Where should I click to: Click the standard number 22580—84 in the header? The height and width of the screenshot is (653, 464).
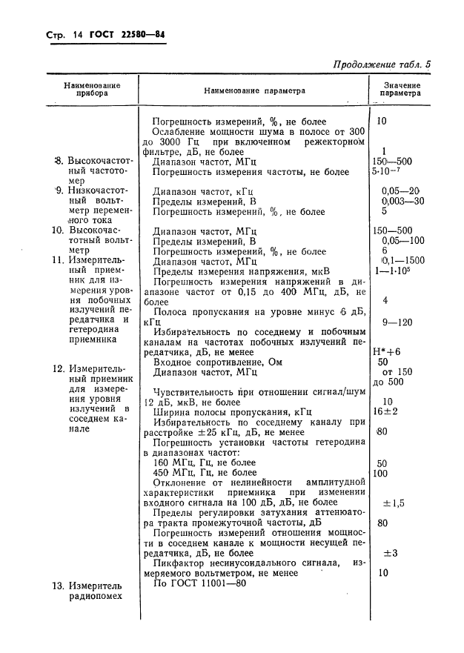pos(139,35)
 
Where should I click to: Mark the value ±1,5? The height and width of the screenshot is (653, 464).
pos(393,503)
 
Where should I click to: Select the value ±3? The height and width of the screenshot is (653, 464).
pos(391,553)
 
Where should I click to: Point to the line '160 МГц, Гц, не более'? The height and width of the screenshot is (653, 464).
pos(204,463)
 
